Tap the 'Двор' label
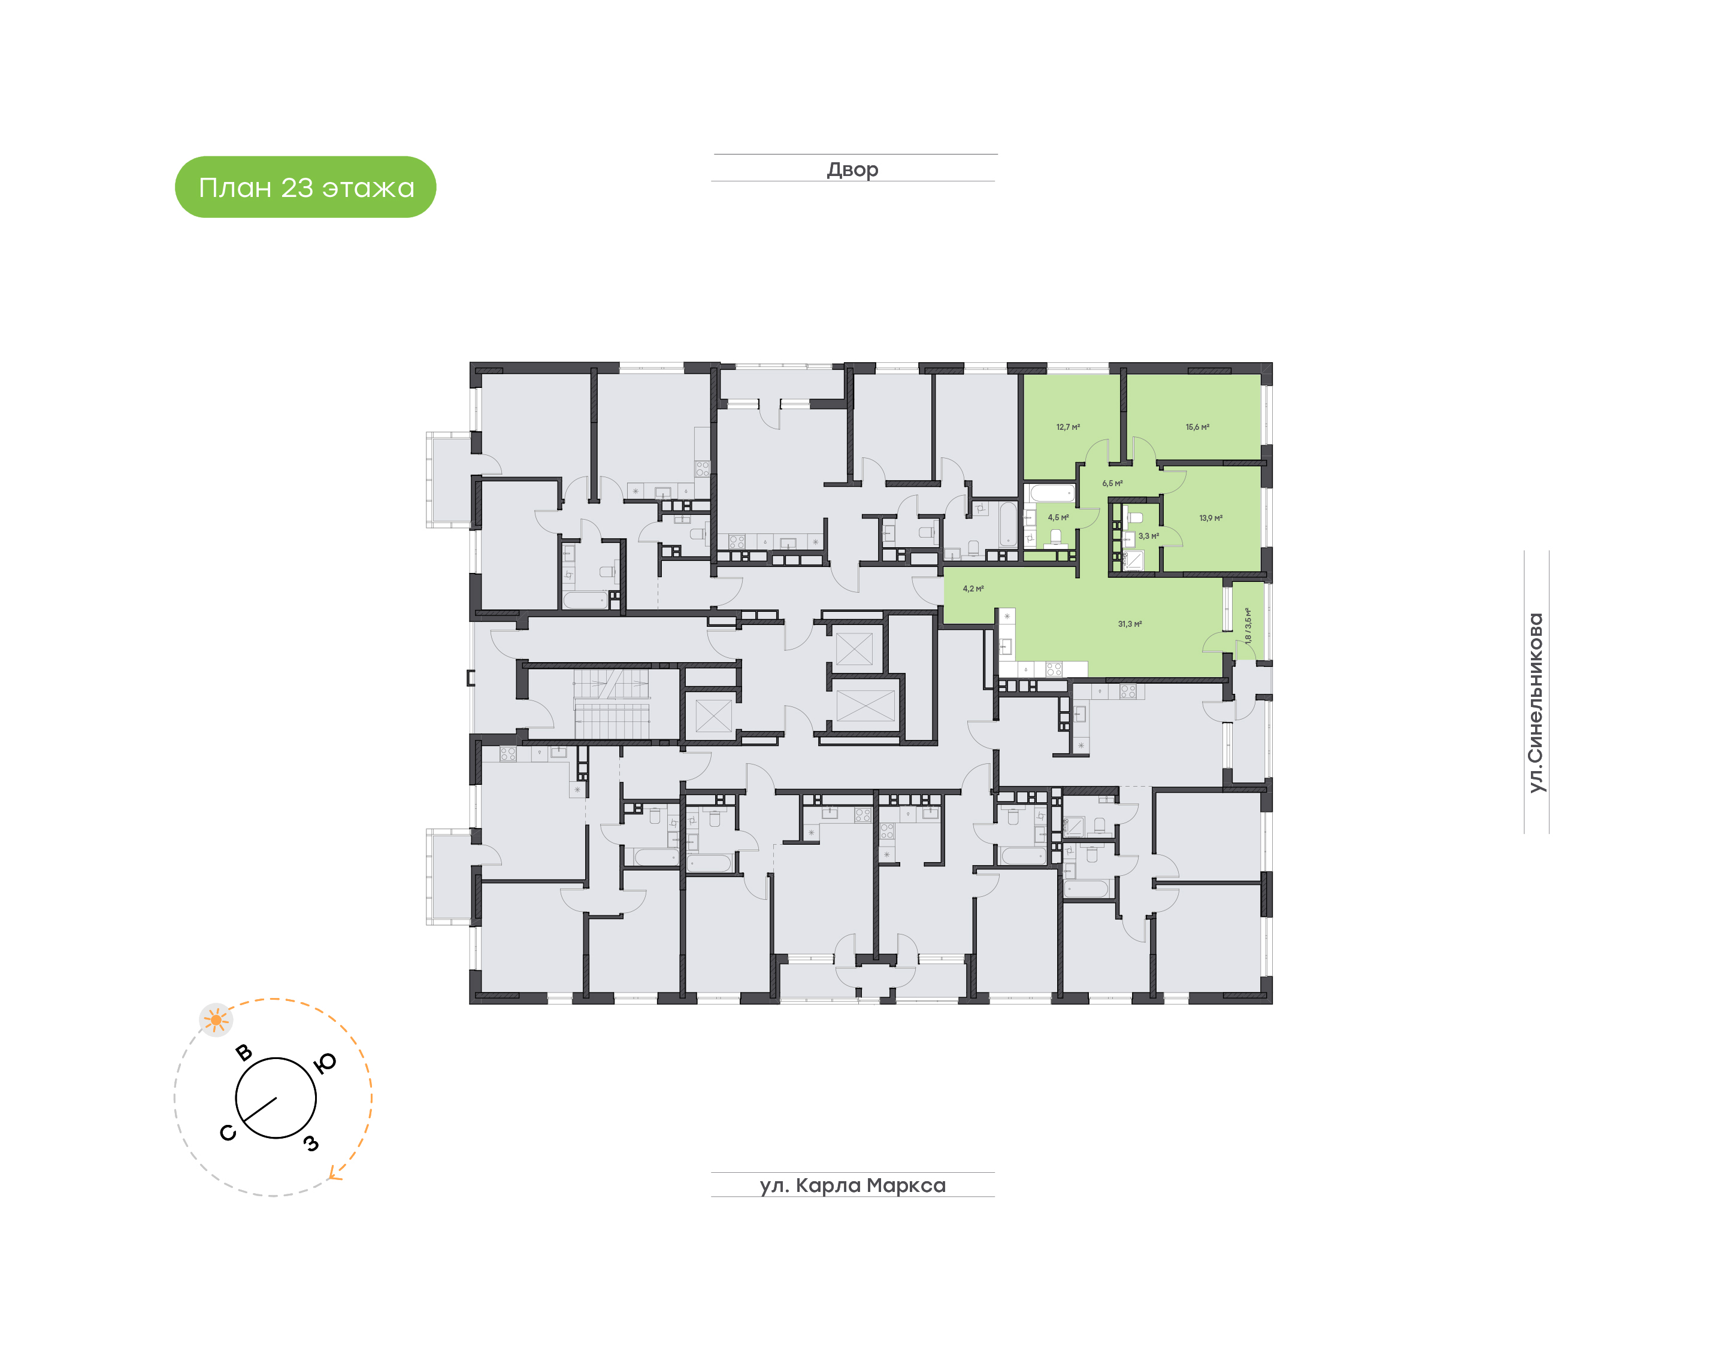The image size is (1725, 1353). (x=852, y=169)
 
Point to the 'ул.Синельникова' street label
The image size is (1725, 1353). (x=1536, y=703)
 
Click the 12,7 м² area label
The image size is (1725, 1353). (x=1067, y=427)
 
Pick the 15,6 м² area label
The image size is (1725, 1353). (x=1197, y=427)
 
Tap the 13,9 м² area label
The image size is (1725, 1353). (x=1210, y=518)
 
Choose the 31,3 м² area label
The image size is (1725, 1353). (x=1130, y=624)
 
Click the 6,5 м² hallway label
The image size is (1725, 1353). (x=1112, y=483)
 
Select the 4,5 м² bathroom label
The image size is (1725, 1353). (x=1058, y=517)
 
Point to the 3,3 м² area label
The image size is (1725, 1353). (x=1148, y=536)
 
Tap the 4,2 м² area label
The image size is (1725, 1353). (x=973, y=588)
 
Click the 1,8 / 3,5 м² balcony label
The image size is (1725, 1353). (x=1248, y=625)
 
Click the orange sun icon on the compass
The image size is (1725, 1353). (x=216, y=1020)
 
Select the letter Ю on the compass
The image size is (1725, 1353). (x=325, y=1063)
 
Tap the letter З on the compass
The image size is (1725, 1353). (x=311, y=1143)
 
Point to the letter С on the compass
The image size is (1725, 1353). (x=228, y=1133)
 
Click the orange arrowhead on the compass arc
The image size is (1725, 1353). (x=335, y=1175)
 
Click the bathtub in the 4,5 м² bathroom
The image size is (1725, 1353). (x=1052, y=493)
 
